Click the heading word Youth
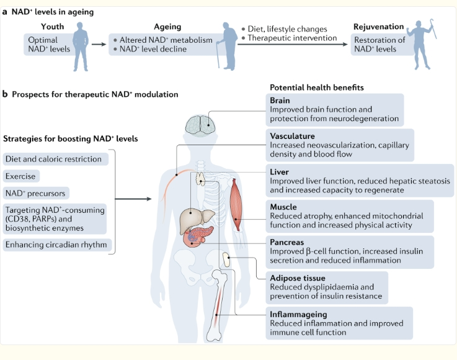(53, 27)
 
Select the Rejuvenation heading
(378, 27)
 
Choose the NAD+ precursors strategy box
(35, 193)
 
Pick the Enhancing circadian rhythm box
(56, 245)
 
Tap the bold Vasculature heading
(293, 136)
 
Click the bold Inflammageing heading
(299, 314)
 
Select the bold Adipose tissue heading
(298, 278)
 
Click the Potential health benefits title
(317, 88)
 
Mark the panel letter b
(5, 95)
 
